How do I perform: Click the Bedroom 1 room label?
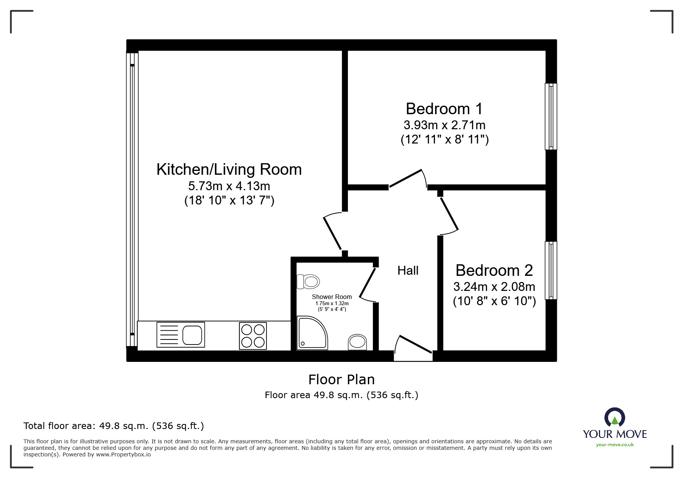click(444, 109)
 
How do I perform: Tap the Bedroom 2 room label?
click(494, 270)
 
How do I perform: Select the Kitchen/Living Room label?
click(229, 170)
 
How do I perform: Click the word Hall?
click(408, 270)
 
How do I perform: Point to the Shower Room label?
click(332, 297)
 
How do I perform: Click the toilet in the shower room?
click(308, 282)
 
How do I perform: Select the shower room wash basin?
click(358, 342)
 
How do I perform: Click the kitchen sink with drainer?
click(180, 335)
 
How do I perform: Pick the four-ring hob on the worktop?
click(253, 336)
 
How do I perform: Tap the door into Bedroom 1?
click(406, 179)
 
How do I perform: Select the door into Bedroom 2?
click(449, 214)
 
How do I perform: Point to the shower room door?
click(367, 284)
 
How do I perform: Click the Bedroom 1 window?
click(551, 116)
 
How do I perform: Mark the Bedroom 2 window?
click(551, 270)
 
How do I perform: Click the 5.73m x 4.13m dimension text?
click(229, 186)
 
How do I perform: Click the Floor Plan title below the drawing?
click(341, 380)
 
